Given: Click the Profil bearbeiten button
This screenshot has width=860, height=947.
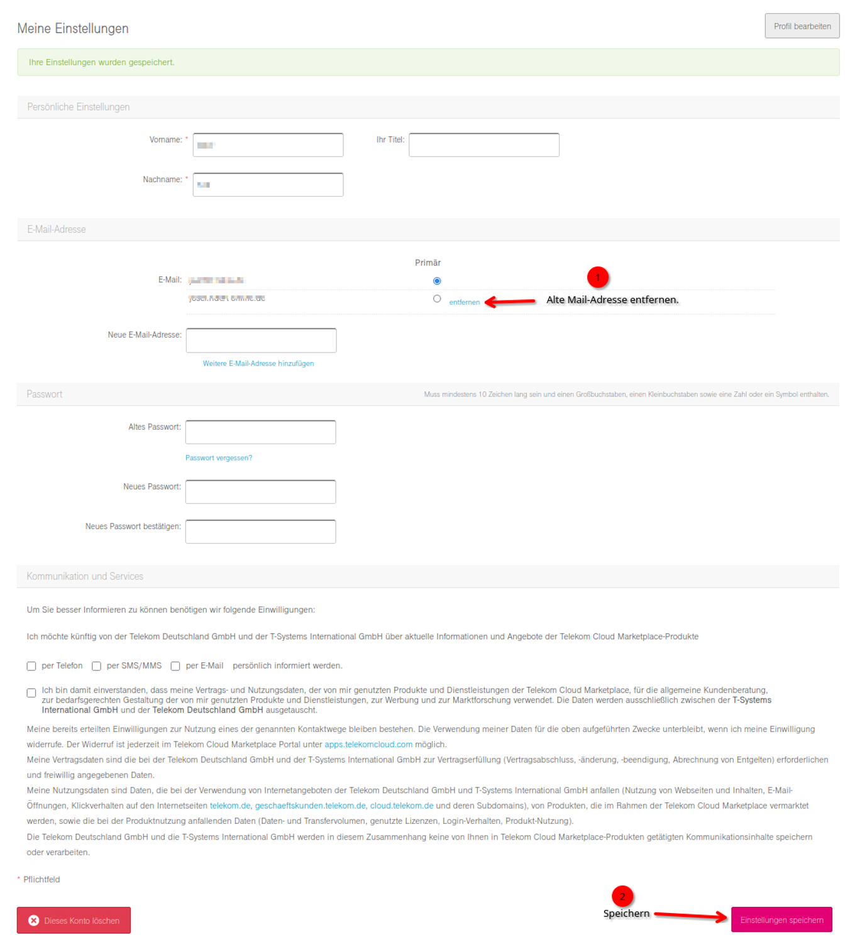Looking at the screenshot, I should [x=802, y=26].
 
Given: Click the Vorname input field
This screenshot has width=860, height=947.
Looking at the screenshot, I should [x=268, y=145].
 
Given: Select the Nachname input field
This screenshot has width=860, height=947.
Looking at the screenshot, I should [x=268, y=185].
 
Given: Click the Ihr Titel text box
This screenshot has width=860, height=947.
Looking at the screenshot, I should [x=483, y=145].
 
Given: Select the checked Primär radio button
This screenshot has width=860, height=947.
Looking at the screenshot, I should [x=437, y=281].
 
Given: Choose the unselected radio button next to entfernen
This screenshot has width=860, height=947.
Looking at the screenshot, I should [x=437, y=299].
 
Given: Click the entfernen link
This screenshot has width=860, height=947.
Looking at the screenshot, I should [x=464, y=302].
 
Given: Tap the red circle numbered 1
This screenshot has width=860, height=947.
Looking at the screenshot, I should [x=597, y=277].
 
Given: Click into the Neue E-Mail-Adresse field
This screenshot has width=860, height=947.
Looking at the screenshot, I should [x=261, y=341].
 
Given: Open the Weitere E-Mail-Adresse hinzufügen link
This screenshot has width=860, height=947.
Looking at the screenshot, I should [x=258, y=364].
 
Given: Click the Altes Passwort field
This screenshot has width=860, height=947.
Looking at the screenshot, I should [x=260, y=432].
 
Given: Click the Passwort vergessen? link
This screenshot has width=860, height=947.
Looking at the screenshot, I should [x=218, y=458].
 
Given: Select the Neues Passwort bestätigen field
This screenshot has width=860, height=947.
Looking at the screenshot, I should [x=260, y=532].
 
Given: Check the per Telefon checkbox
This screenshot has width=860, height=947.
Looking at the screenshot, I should [x=31, y=666].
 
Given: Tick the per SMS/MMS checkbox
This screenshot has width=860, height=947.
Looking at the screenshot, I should [x=97, y=666].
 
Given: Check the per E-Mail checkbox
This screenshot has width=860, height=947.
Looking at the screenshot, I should [x=175, y=666].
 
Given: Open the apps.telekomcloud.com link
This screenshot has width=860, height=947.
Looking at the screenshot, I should [x=368, y=745].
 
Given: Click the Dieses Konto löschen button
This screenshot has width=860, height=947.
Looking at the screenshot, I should [x=74, y=921].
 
